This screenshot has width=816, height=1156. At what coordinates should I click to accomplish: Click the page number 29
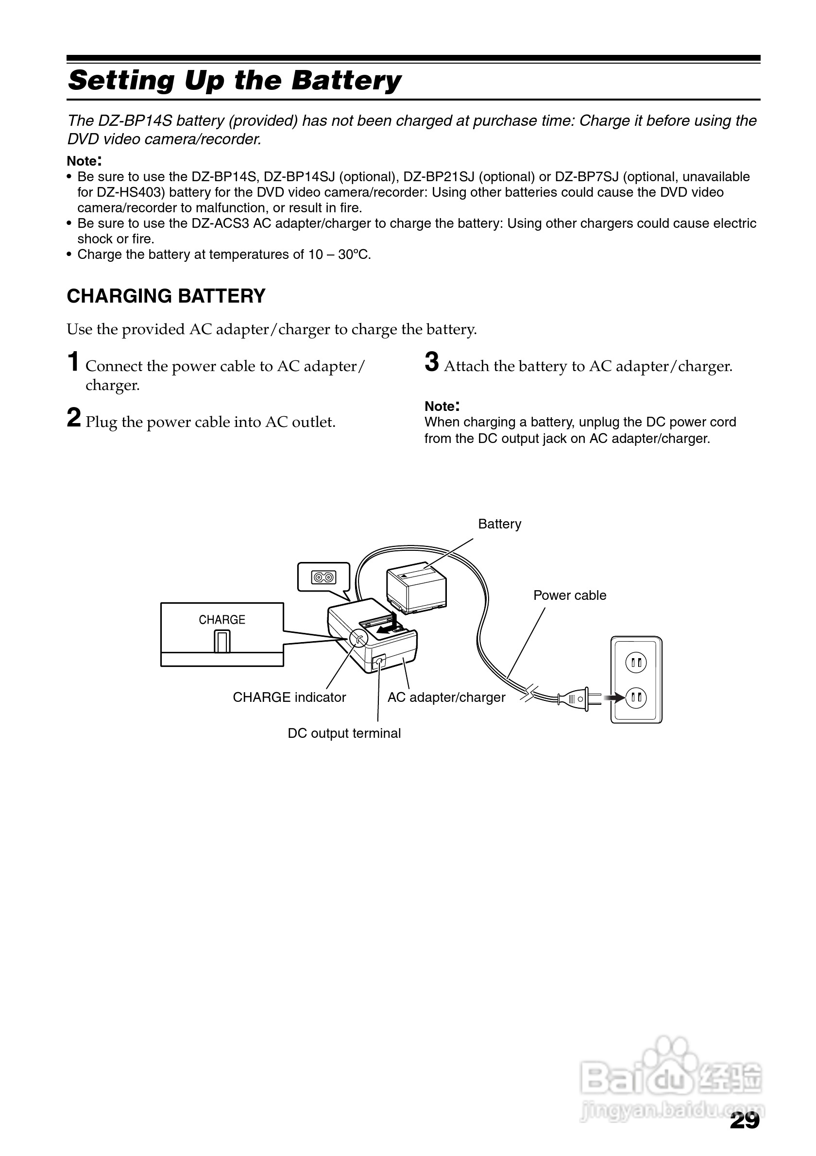745,1120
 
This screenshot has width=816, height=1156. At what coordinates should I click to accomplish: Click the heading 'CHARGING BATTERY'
166,296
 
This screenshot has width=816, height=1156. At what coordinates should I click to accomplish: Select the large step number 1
73,362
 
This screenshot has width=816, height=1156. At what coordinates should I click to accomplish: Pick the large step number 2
73,418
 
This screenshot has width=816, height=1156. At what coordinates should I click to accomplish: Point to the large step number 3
431,362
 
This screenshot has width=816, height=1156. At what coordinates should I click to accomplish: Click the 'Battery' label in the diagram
499,524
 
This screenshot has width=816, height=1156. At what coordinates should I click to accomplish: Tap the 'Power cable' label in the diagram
569,595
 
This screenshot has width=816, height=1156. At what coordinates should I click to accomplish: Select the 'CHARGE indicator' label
289,697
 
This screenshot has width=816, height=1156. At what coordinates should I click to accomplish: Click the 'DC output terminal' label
344,733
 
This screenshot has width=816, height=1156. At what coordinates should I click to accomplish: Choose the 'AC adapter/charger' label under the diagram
446,697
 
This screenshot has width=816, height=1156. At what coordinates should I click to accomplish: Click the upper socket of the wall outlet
636,662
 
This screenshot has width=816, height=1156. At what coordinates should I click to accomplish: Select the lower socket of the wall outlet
636,697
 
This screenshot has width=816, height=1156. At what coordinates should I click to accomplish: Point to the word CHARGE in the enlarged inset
222,620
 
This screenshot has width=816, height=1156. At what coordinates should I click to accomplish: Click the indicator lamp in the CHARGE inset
222,642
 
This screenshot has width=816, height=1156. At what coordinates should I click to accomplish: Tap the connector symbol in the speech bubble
323,577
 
